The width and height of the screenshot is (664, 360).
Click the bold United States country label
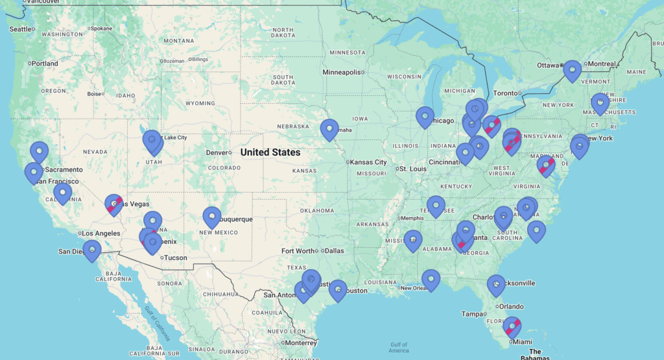(x=270, y=152)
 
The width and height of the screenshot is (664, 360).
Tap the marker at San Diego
(x=92, y=250)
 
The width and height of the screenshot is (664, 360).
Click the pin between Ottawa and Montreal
(x=572, y=70)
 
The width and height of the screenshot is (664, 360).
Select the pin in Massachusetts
(x=600, y=103)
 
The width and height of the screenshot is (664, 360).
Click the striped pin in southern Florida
(x=512, y=327)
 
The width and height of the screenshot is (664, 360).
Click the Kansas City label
(x=369, y=162)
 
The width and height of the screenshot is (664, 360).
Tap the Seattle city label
(x=20, y=29)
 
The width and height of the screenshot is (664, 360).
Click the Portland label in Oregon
(x=45, y=64)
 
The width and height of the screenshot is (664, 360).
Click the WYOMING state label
(x=200, y=103)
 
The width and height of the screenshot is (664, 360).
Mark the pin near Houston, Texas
(x=337, y=289)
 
